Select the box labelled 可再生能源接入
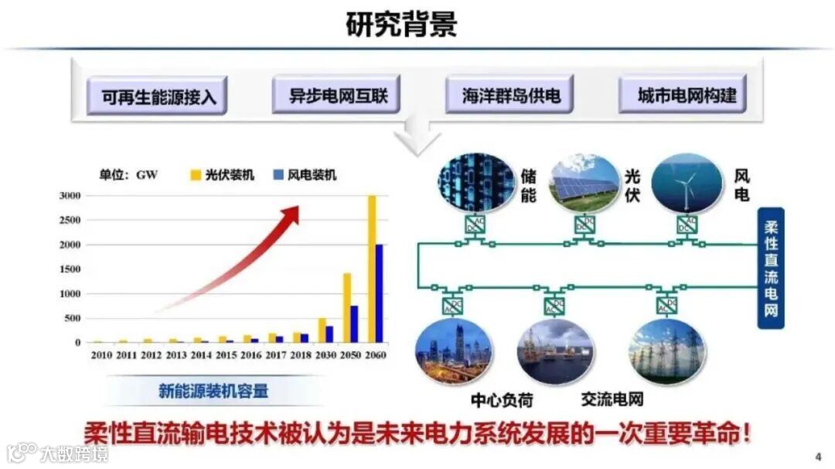(x=157, y=97)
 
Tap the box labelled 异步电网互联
(x=336, y=96)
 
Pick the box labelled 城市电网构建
(x=683, y=96)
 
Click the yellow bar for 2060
(x=372, y=269)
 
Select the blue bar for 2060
(x=380, y=293)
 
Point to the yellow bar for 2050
(x=347, y=307)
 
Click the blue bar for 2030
(x=329, y=334)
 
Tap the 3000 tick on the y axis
(x=70, y=196)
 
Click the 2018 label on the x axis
(x=301, y=356)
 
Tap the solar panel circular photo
(x=583, y=183)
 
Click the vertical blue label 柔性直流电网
(x=771, y=268)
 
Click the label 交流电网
(x=612, y=399)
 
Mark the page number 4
(x=818, y=454)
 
